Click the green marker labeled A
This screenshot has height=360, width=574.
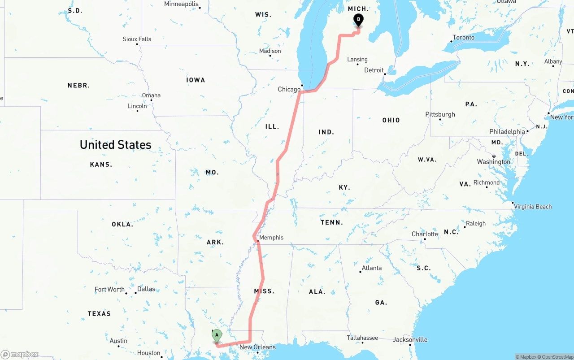217,335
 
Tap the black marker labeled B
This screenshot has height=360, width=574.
358,19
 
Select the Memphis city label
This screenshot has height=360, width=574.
271,238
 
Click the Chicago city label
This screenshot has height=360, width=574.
289,89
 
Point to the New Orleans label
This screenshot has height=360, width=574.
257,347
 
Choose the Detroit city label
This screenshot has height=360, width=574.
374,70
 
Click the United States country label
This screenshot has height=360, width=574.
115,144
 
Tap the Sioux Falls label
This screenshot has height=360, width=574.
137,39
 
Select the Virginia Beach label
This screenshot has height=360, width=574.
533,207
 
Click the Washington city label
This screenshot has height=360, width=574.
493,162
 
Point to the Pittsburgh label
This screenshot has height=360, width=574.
440,114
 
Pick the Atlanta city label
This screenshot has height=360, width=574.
372,268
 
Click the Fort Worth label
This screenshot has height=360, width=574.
109,289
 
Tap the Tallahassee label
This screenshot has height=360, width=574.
362,338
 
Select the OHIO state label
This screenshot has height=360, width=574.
391,120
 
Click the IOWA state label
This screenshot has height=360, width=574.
196,80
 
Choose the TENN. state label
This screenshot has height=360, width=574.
331,222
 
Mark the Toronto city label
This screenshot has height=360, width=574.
463,37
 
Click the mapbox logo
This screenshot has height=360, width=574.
20,355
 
